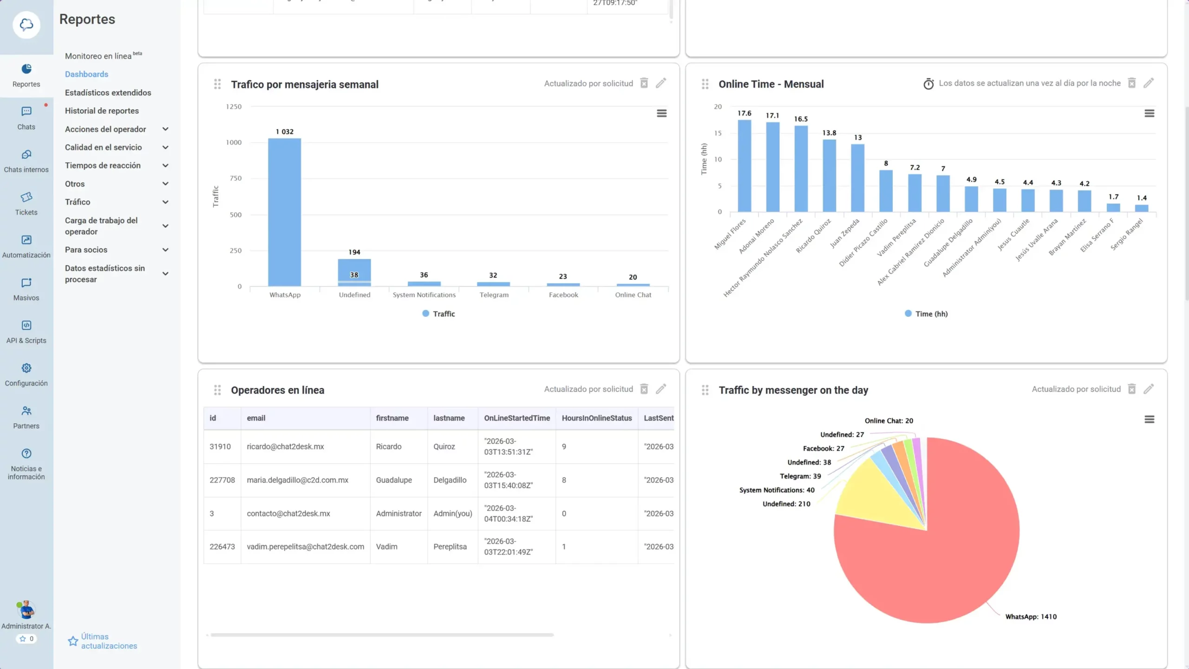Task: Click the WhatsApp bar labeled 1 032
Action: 284,212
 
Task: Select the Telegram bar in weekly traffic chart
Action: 493,283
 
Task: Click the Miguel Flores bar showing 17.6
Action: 744,166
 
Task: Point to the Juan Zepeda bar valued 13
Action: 857,178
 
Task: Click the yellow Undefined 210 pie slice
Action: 873,497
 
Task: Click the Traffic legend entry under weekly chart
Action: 438,314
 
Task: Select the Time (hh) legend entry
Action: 926,314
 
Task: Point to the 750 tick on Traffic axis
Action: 235,178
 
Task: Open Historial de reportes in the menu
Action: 102,111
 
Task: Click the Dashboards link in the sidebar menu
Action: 86,74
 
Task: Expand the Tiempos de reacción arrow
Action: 165,166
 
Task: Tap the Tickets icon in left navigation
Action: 26,197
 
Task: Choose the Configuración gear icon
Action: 26,368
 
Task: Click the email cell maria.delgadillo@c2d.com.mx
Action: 297,480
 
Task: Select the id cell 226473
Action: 222,547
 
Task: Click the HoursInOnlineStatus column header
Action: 596,418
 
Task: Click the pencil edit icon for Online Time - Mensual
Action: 1149,83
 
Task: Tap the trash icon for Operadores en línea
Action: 644,389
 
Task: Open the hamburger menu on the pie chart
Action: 1149,420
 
